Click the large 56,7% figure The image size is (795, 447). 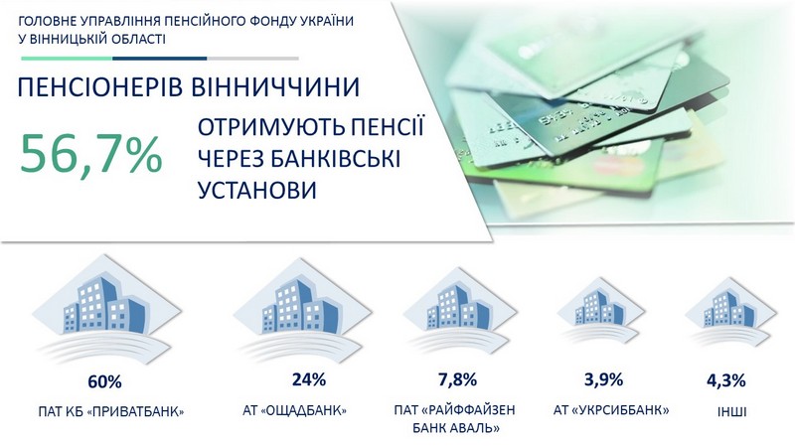91,154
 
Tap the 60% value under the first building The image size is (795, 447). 104,381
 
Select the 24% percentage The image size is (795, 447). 309,379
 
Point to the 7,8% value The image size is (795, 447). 457,379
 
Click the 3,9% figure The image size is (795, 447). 603,379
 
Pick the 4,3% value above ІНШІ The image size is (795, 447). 726,380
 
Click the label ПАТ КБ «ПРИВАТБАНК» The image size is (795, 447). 111,411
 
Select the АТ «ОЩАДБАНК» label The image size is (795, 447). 294,410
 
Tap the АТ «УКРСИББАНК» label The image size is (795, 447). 611,409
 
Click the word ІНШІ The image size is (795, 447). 731,411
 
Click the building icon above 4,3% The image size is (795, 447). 730,314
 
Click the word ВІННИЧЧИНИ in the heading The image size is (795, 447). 276,87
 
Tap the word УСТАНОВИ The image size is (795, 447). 257,190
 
